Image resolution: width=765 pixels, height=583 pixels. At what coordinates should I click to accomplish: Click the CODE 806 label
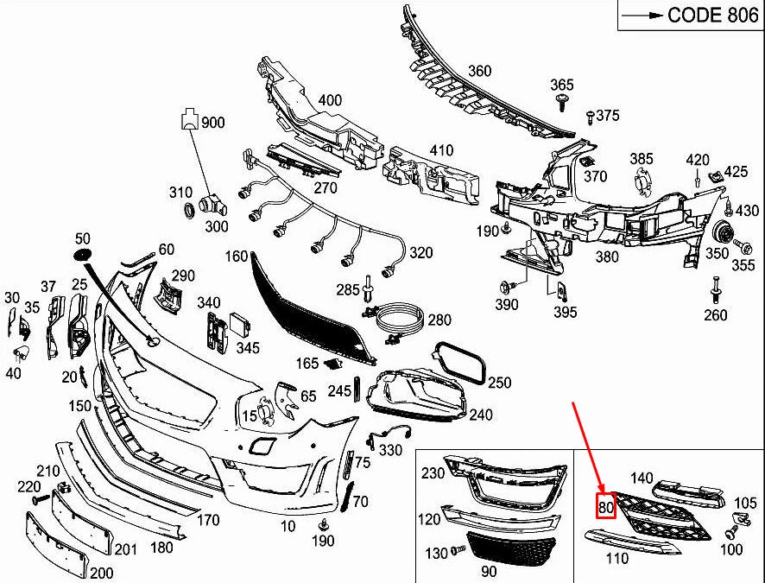coord(701,15)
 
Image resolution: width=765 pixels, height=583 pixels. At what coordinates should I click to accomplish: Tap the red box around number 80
coord(604,508)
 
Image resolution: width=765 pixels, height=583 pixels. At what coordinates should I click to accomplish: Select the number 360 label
coord(479,71)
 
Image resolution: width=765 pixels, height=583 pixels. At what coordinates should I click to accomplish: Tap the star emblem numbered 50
coord(82,255)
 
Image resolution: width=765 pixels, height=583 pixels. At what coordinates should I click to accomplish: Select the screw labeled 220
coord(38,500)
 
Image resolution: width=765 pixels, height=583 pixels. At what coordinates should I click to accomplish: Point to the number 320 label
coord(420,253)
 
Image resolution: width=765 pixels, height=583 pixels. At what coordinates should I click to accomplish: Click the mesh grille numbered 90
coord(503,550)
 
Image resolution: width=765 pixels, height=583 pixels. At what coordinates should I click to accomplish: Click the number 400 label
coord(330,100)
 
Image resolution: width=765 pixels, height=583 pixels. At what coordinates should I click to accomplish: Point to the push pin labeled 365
coord(563,105)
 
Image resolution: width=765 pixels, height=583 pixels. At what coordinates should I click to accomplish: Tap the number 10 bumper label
coord(288,526)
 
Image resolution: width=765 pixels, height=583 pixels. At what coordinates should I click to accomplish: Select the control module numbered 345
coord(239,327)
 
